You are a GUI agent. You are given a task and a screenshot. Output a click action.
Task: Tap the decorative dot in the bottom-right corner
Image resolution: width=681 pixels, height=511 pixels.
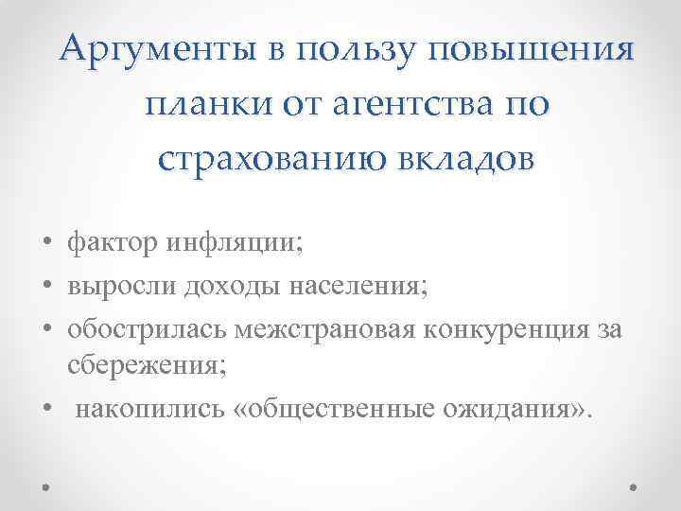point(634,488)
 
